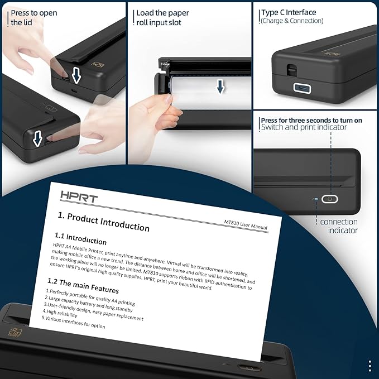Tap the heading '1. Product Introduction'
104,222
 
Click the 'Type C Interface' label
289,12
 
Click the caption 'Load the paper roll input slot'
162,17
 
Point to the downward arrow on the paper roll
221,86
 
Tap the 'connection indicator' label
339,226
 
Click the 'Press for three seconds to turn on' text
311,120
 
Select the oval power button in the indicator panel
330,199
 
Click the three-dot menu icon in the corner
370,366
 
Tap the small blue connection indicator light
316,199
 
